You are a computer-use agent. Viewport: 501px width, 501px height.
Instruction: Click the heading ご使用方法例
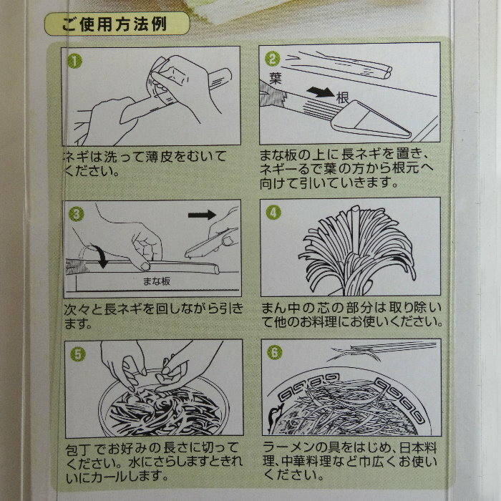point(114,24)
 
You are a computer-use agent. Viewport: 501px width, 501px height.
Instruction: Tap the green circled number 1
point(74,61)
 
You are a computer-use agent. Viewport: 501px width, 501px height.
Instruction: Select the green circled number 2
point(272,59)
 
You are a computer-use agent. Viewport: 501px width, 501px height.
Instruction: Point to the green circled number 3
point(77,214)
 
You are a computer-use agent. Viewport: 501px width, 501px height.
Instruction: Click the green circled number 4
point(273,213)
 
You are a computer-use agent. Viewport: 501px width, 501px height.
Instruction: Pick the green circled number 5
point(78,354)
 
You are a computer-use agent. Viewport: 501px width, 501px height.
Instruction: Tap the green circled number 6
point(274,353)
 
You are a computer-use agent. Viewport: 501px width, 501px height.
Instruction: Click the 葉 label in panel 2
point(275,78)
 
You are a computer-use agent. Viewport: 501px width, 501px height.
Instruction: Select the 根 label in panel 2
point(342,97)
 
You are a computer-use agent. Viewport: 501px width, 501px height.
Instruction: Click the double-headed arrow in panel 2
point(321,92)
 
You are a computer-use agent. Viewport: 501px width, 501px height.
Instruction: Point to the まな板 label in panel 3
point(156,281)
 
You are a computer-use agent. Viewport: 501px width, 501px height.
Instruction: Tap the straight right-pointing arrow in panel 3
point(202,215)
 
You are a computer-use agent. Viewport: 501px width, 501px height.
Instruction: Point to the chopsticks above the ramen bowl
point(384,350)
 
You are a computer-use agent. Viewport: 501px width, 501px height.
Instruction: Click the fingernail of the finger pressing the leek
point(146,266)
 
